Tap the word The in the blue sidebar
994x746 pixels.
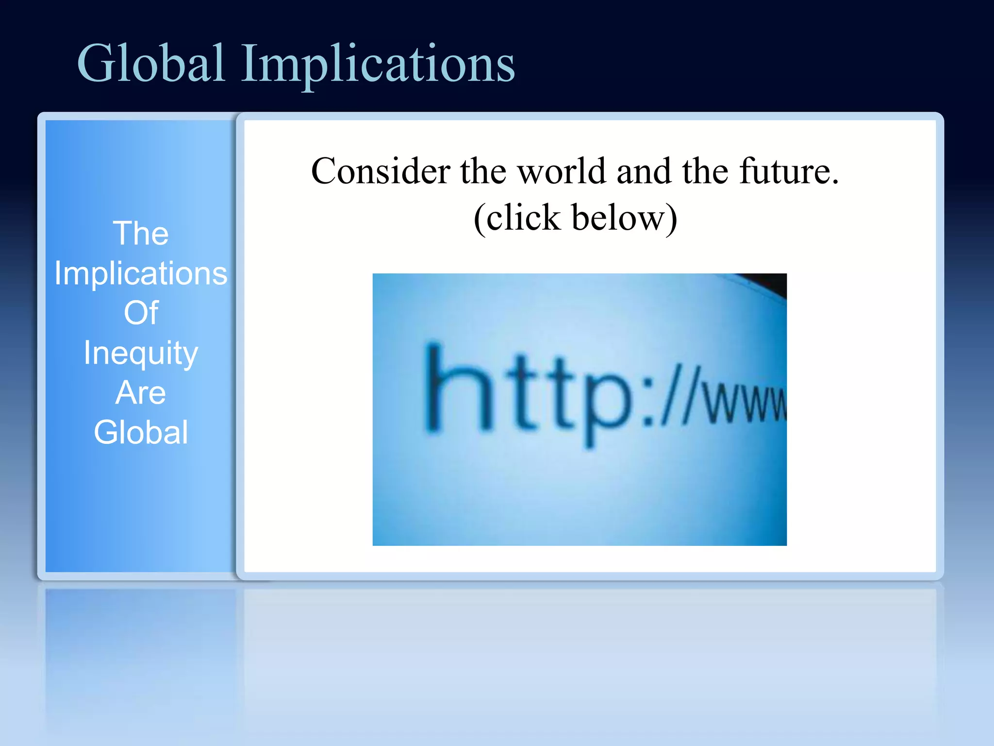click(141, 234)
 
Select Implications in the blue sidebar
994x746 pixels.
click(141, 273)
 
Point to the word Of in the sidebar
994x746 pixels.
click(141, 313)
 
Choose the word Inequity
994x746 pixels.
click(141, 353)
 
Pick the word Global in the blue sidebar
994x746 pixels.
click(141, 432)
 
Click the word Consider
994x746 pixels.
click(381, 171)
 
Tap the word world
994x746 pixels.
click(562, 171)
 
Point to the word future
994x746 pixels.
click(789, 171)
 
